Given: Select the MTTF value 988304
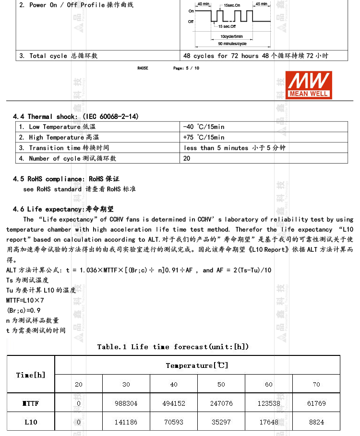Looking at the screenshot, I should [126, 403].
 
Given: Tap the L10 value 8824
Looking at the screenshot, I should [316, 422].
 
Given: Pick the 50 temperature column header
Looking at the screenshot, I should [221, 384].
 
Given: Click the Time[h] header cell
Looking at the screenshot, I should [31, 375].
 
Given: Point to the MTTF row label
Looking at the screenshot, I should [31, 403].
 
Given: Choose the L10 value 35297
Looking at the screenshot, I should [221, 422].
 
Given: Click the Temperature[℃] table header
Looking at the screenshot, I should [197, 365].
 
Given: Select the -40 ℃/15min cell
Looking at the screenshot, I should [204, 127].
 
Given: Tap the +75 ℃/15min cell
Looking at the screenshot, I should [204, 137].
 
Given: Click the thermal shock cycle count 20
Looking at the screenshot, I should [187, 158].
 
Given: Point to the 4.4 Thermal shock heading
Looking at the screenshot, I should [76, 117].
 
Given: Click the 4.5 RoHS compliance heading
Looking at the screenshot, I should [66, 179].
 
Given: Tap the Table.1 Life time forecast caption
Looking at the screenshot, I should [173, 346].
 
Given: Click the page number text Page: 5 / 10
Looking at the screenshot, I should [186, 68].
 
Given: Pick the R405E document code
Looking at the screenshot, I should [143, 68].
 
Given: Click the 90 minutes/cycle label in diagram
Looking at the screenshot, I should [232, 44].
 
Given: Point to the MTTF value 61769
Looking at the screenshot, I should [316, 403].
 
